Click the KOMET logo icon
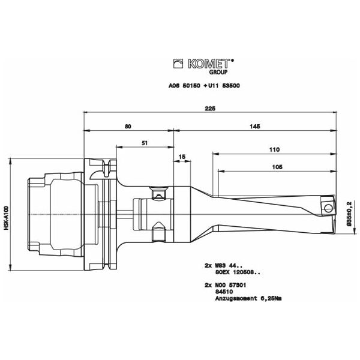pos(178,64)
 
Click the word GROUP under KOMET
pos(218,72)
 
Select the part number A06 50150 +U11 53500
pos(204,86)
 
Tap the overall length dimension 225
pos(210,109)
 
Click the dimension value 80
pos(128,126)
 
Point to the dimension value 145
pos(255,126)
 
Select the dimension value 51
pos(145,143)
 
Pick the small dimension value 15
pos(182,157)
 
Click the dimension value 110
pos(275,149)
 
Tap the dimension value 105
pos(277,167)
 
